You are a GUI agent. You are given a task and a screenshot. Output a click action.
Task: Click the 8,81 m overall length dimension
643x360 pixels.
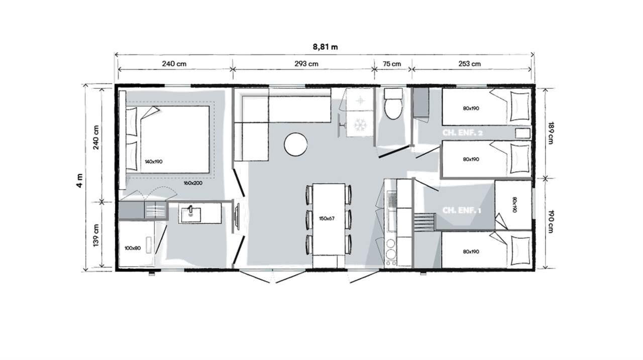[x=325, y=47]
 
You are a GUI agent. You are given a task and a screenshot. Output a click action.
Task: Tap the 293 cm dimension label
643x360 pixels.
[x=306, y=64]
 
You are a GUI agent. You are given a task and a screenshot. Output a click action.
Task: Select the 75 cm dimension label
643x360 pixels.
[x=392, y=64]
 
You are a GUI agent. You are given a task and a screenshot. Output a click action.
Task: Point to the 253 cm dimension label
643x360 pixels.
[x=469, y=64]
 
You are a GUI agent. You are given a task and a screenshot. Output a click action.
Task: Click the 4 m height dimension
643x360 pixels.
[x=79, y=180]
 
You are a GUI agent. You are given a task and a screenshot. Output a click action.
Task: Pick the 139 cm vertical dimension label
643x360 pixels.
[x=96, y=235]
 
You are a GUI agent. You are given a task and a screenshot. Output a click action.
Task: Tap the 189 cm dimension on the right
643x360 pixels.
[x=551, y=133]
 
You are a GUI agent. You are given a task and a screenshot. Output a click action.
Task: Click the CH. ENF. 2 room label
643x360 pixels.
[x=463, y=133]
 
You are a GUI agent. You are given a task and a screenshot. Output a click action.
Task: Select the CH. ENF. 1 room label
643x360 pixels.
[x=462, y=210]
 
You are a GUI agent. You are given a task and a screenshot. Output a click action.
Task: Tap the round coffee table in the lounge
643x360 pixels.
[x=296, y=145]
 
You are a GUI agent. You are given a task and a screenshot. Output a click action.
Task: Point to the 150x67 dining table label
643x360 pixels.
[x=327, y=218]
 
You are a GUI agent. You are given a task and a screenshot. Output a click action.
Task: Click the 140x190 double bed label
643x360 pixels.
[x=154, y=162]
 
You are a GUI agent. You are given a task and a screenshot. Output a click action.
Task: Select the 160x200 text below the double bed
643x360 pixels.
[x=193, y=183]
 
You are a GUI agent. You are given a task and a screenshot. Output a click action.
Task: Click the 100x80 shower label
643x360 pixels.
[x=133, y=248]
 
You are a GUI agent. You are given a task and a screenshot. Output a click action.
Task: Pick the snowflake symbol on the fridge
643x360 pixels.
[x=359, y=125]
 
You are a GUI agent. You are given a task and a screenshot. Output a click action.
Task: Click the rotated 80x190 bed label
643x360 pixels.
[x=514, y=205]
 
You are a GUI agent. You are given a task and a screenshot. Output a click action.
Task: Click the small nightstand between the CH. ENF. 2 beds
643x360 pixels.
[x=522, y=134]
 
